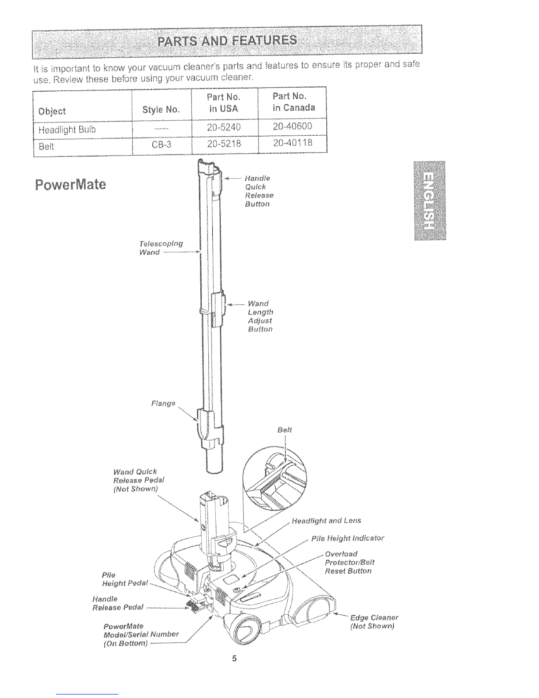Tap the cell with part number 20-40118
[292, 143]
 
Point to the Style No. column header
[161, 110]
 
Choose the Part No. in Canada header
[294, 102]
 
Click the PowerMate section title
[70, 184]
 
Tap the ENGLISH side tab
[430, 200]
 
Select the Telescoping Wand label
[161, 248]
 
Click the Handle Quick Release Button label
[259, 191]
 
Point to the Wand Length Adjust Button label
[260, 316]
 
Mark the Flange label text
[163, 403]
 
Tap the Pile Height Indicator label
[348, 538]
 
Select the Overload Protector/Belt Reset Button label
[350, 562]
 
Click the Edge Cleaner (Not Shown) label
[374, 622]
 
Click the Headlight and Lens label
[326, 521]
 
